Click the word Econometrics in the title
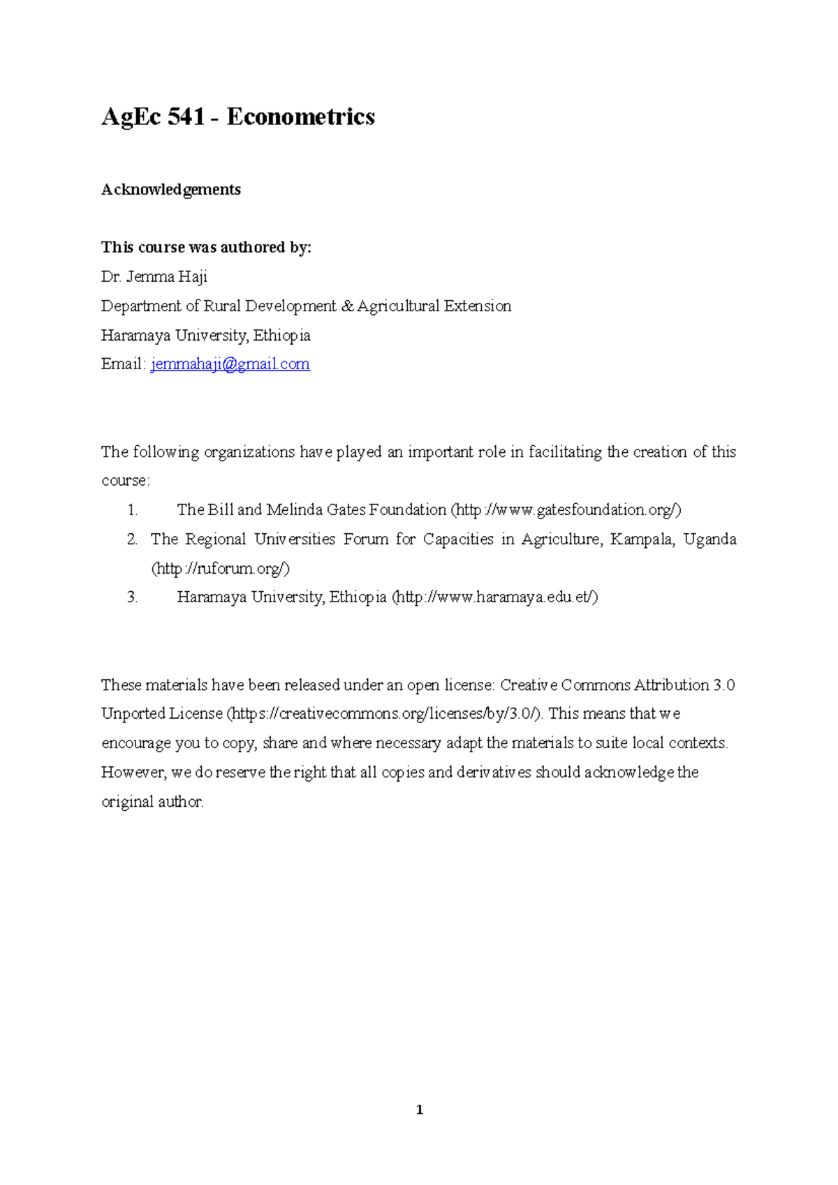[300, 117]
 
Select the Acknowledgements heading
[171, 190]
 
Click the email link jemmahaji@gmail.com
[230, 364]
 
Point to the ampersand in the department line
[347, 306]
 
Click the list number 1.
[133, 510]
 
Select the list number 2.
[133, 539]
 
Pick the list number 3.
[133, 597]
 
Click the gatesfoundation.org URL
[566, 510]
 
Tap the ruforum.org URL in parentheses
[220, 569]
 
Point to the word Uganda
[710, 539]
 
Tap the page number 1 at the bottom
[419, 1110]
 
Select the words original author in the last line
[152, 802]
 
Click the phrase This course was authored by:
[206, 248]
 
